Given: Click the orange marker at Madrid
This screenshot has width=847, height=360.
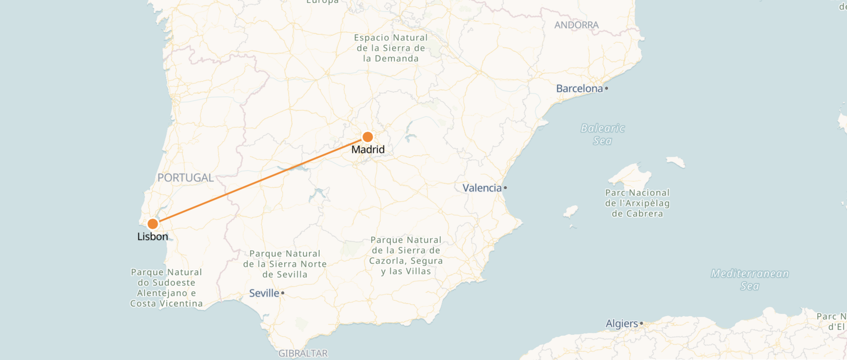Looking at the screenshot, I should tap(368, 137).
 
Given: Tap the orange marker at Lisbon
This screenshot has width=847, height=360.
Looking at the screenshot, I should tap(153, 224).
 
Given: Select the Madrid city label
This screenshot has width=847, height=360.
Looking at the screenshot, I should tap(368, 150).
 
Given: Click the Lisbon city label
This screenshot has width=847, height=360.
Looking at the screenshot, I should tap(152, 236).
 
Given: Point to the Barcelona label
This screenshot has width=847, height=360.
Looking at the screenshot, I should tap(579, 89).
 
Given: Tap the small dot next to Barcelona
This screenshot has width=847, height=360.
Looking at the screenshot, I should tap(607, 89).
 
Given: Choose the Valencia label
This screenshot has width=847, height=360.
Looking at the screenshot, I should tap(482, 188).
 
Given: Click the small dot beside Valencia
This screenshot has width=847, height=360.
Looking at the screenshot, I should tap(505, 188).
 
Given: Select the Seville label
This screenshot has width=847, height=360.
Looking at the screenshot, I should tap(264, 293).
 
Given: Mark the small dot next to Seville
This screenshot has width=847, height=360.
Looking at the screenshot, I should tap(283, 293).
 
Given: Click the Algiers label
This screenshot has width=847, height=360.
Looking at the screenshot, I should tap(622, 324).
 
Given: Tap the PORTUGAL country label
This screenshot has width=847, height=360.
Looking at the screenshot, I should tap(186, 178).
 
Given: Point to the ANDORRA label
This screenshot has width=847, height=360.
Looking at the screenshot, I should tap(576, 25).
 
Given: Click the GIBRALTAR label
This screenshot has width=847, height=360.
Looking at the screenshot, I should tap(303, 353).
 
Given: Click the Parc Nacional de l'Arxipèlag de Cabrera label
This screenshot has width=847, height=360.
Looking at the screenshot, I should tap(637, 203).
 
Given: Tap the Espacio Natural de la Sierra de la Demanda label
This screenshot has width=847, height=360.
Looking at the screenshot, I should tap(391, 48).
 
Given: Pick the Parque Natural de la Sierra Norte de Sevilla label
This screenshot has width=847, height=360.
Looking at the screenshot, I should tap(285, 264).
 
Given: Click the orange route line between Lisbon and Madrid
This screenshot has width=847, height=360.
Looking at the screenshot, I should tap(260, 181).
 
